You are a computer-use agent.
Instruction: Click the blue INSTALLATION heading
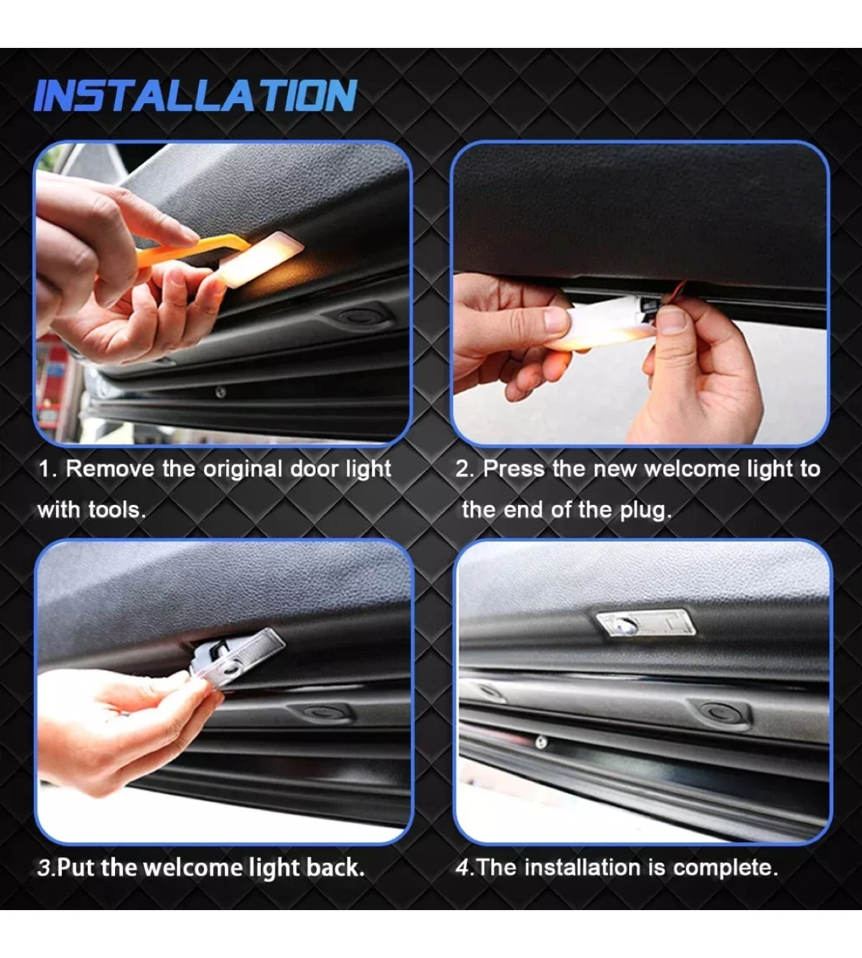[x=196, y=96]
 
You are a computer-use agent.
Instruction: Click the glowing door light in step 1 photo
[x=261, y=259]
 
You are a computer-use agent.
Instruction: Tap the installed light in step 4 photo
[x=646, y=623]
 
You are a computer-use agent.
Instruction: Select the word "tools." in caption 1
[x=118, y=510]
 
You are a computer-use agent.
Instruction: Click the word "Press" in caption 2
[x=514, y=469]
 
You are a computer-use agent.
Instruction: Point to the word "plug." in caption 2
[x=646, y=511]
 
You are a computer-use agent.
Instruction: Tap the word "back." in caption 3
[x=336, y=868]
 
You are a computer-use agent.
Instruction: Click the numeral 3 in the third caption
[x=43, y=868]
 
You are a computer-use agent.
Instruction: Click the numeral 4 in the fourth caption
[x=462, y=868]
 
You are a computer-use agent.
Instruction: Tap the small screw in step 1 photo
[x=221, y=393]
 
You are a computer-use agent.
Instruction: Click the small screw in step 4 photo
[x=541, y=742]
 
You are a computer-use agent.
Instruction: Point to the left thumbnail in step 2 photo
[x=557, y=320]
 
